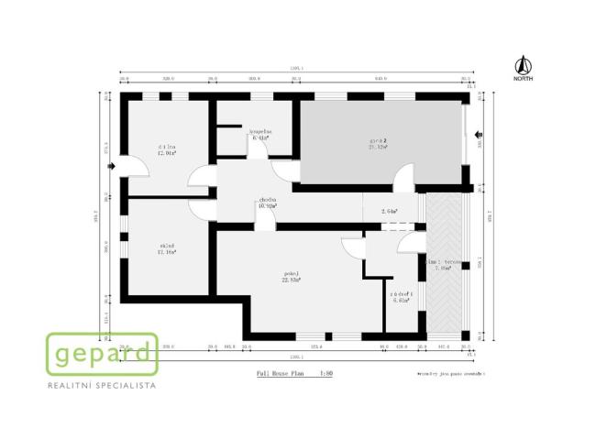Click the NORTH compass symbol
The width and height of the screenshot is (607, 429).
(524, 67)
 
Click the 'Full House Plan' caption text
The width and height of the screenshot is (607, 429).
(279, 375)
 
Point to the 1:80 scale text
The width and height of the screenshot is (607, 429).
(326, 375)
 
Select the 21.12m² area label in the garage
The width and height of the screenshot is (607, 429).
(378, 147)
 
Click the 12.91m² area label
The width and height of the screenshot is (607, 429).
(166, 154)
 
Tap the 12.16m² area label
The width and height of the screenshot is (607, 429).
(166, 253)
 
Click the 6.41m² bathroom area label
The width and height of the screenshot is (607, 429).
(259, 139)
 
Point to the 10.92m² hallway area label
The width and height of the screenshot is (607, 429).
(267, 207)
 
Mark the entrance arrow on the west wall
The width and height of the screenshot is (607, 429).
(110, 167)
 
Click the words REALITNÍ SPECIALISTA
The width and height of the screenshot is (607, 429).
(102, 388)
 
